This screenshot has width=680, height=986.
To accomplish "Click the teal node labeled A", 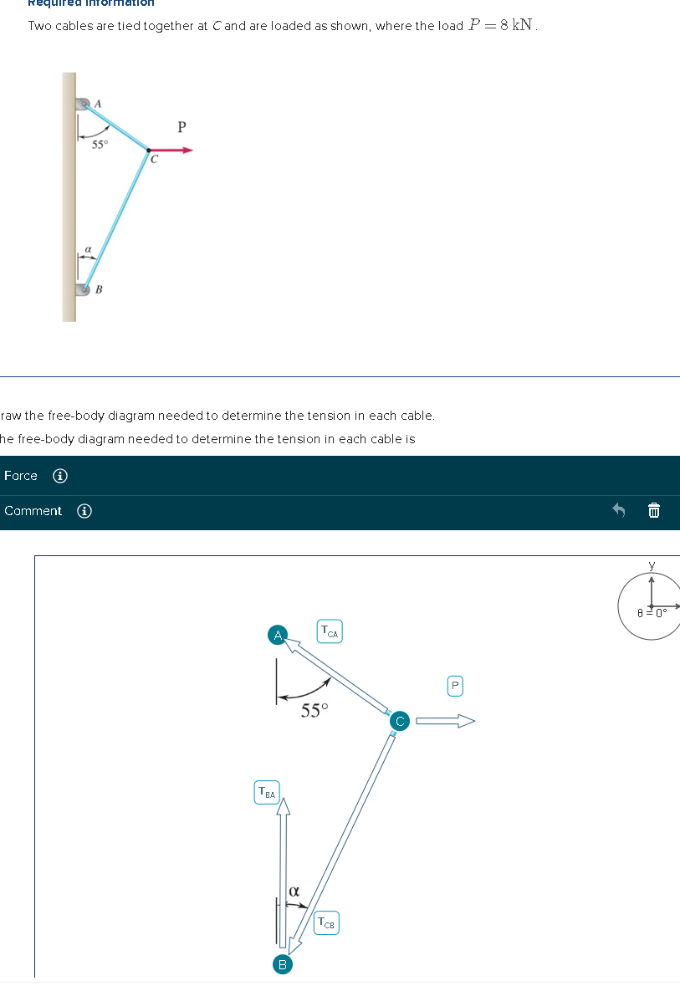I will pos(278,635).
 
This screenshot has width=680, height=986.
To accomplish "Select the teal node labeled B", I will pos(282,964).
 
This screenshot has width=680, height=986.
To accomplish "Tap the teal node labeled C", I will pos(399,720).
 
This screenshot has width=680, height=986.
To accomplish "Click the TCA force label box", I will pos(330,631).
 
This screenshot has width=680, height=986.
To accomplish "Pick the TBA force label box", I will pos(267,791).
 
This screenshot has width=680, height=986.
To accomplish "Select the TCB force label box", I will pos(327,923).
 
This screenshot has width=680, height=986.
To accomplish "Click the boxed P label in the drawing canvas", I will pos(454,686).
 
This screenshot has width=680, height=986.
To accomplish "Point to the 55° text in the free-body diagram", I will pos(314,711).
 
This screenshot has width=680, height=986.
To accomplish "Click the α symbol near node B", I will pos(294,891).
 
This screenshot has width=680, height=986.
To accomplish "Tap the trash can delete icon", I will pos(654,510).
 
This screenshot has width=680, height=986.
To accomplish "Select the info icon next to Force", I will pos(60,476).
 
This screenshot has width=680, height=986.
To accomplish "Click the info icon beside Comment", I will pos(84,511).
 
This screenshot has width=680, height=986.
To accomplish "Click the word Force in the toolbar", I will pos(21,476).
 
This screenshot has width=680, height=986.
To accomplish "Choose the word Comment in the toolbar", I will pos(33,511).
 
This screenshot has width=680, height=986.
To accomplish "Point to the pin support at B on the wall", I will pos(83,289).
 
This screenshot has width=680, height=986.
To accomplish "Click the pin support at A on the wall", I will pos(83,105).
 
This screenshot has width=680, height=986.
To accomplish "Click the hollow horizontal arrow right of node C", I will pos(445,720).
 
